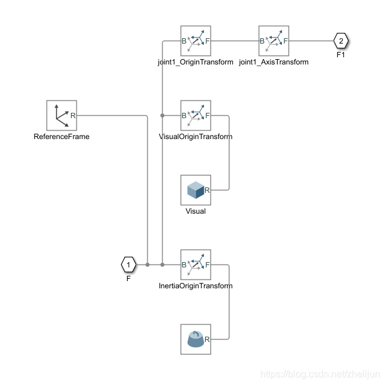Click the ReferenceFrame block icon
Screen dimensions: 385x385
tap(61, 115)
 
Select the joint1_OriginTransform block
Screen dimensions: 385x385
tap(195, 41)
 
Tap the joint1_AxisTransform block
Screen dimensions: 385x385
tap(274, 41)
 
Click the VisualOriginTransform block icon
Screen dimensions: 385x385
tap(195, 115)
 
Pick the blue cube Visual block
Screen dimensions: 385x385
tap(195, 190)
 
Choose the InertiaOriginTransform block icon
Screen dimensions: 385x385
tap(195, 264)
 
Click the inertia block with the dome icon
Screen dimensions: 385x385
tap(195, 339)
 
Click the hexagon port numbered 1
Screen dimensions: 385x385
tap(128, 264)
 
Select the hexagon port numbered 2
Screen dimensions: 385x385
tap(340, 41)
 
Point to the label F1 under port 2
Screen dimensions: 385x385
tap(341, 54)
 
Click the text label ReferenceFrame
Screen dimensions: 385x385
tap(61, 137)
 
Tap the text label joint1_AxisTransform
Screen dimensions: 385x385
tap(274, 62)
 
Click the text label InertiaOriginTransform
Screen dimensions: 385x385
tap(195, 286)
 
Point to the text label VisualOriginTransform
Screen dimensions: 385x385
tap(195, 137)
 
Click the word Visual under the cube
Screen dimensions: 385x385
tap(195, 211)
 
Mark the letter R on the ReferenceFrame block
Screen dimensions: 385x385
tap(73, 116)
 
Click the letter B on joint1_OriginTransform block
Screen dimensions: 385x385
tap(184, 41)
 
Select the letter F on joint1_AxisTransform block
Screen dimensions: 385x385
tap(285, 41)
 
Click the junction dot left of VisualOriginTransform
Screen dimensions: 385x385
tap(162, 115)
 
